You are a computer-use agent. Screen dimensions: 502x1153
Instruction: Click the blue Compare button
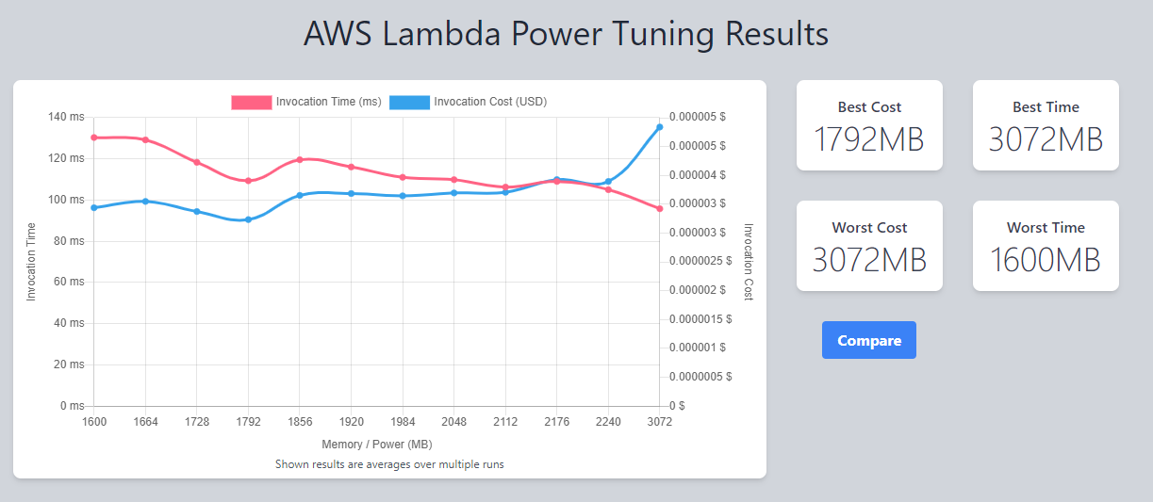tap(868, 340)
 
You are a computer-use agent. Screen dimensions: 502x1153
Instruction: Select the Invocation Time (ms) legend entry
tap(306, 102)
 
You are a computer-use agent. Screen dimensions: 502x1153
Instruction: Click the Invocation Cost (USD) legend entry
tap(468, 102)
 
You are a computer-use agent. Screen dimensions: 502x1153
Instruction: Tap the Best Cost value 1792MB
tap(868, 139)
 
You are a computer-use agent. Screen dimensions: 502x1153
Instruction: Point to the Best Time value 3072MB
tap(1046, 139)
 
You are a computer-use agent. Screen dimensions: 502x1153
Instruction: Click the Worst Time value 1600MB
tap(1046, 259)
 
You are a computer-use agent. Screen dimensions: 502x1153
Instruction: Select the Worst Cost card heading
tap(869, 227)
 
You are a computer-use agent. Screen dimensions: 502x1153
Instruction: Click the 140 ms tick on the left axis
tap(66, 117)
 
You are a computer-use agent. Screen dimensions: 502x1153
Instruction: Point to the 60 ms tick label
tap(68, 282)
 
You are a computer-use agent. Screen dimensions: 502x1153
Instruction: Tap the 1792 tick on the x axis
tap(248, 422)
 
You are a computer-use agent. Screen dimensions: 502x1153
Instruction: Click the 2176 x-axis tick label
tap(556, 422)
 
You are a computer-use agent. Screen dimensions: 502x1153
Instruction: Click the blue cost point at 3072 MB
tap(659, 127)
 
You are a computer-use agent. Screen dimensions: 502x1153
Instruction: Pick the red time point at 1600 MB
tap(94, 138)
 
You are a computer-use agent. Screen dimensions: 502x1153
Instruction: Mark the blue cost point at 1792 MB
tap(248, 219)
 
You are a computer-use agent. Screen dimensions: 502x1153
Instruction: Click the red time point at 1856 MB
tap(300, 159)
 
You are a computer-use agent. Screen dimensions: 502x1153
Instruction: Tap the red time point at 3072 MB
tap(659, 208)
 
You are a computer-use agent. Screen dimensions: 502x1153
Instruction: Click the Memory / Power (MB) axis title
tap(376, 445)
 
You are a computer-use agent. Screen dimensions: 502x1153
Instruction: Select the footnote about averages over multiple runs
tap(389, 464)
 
